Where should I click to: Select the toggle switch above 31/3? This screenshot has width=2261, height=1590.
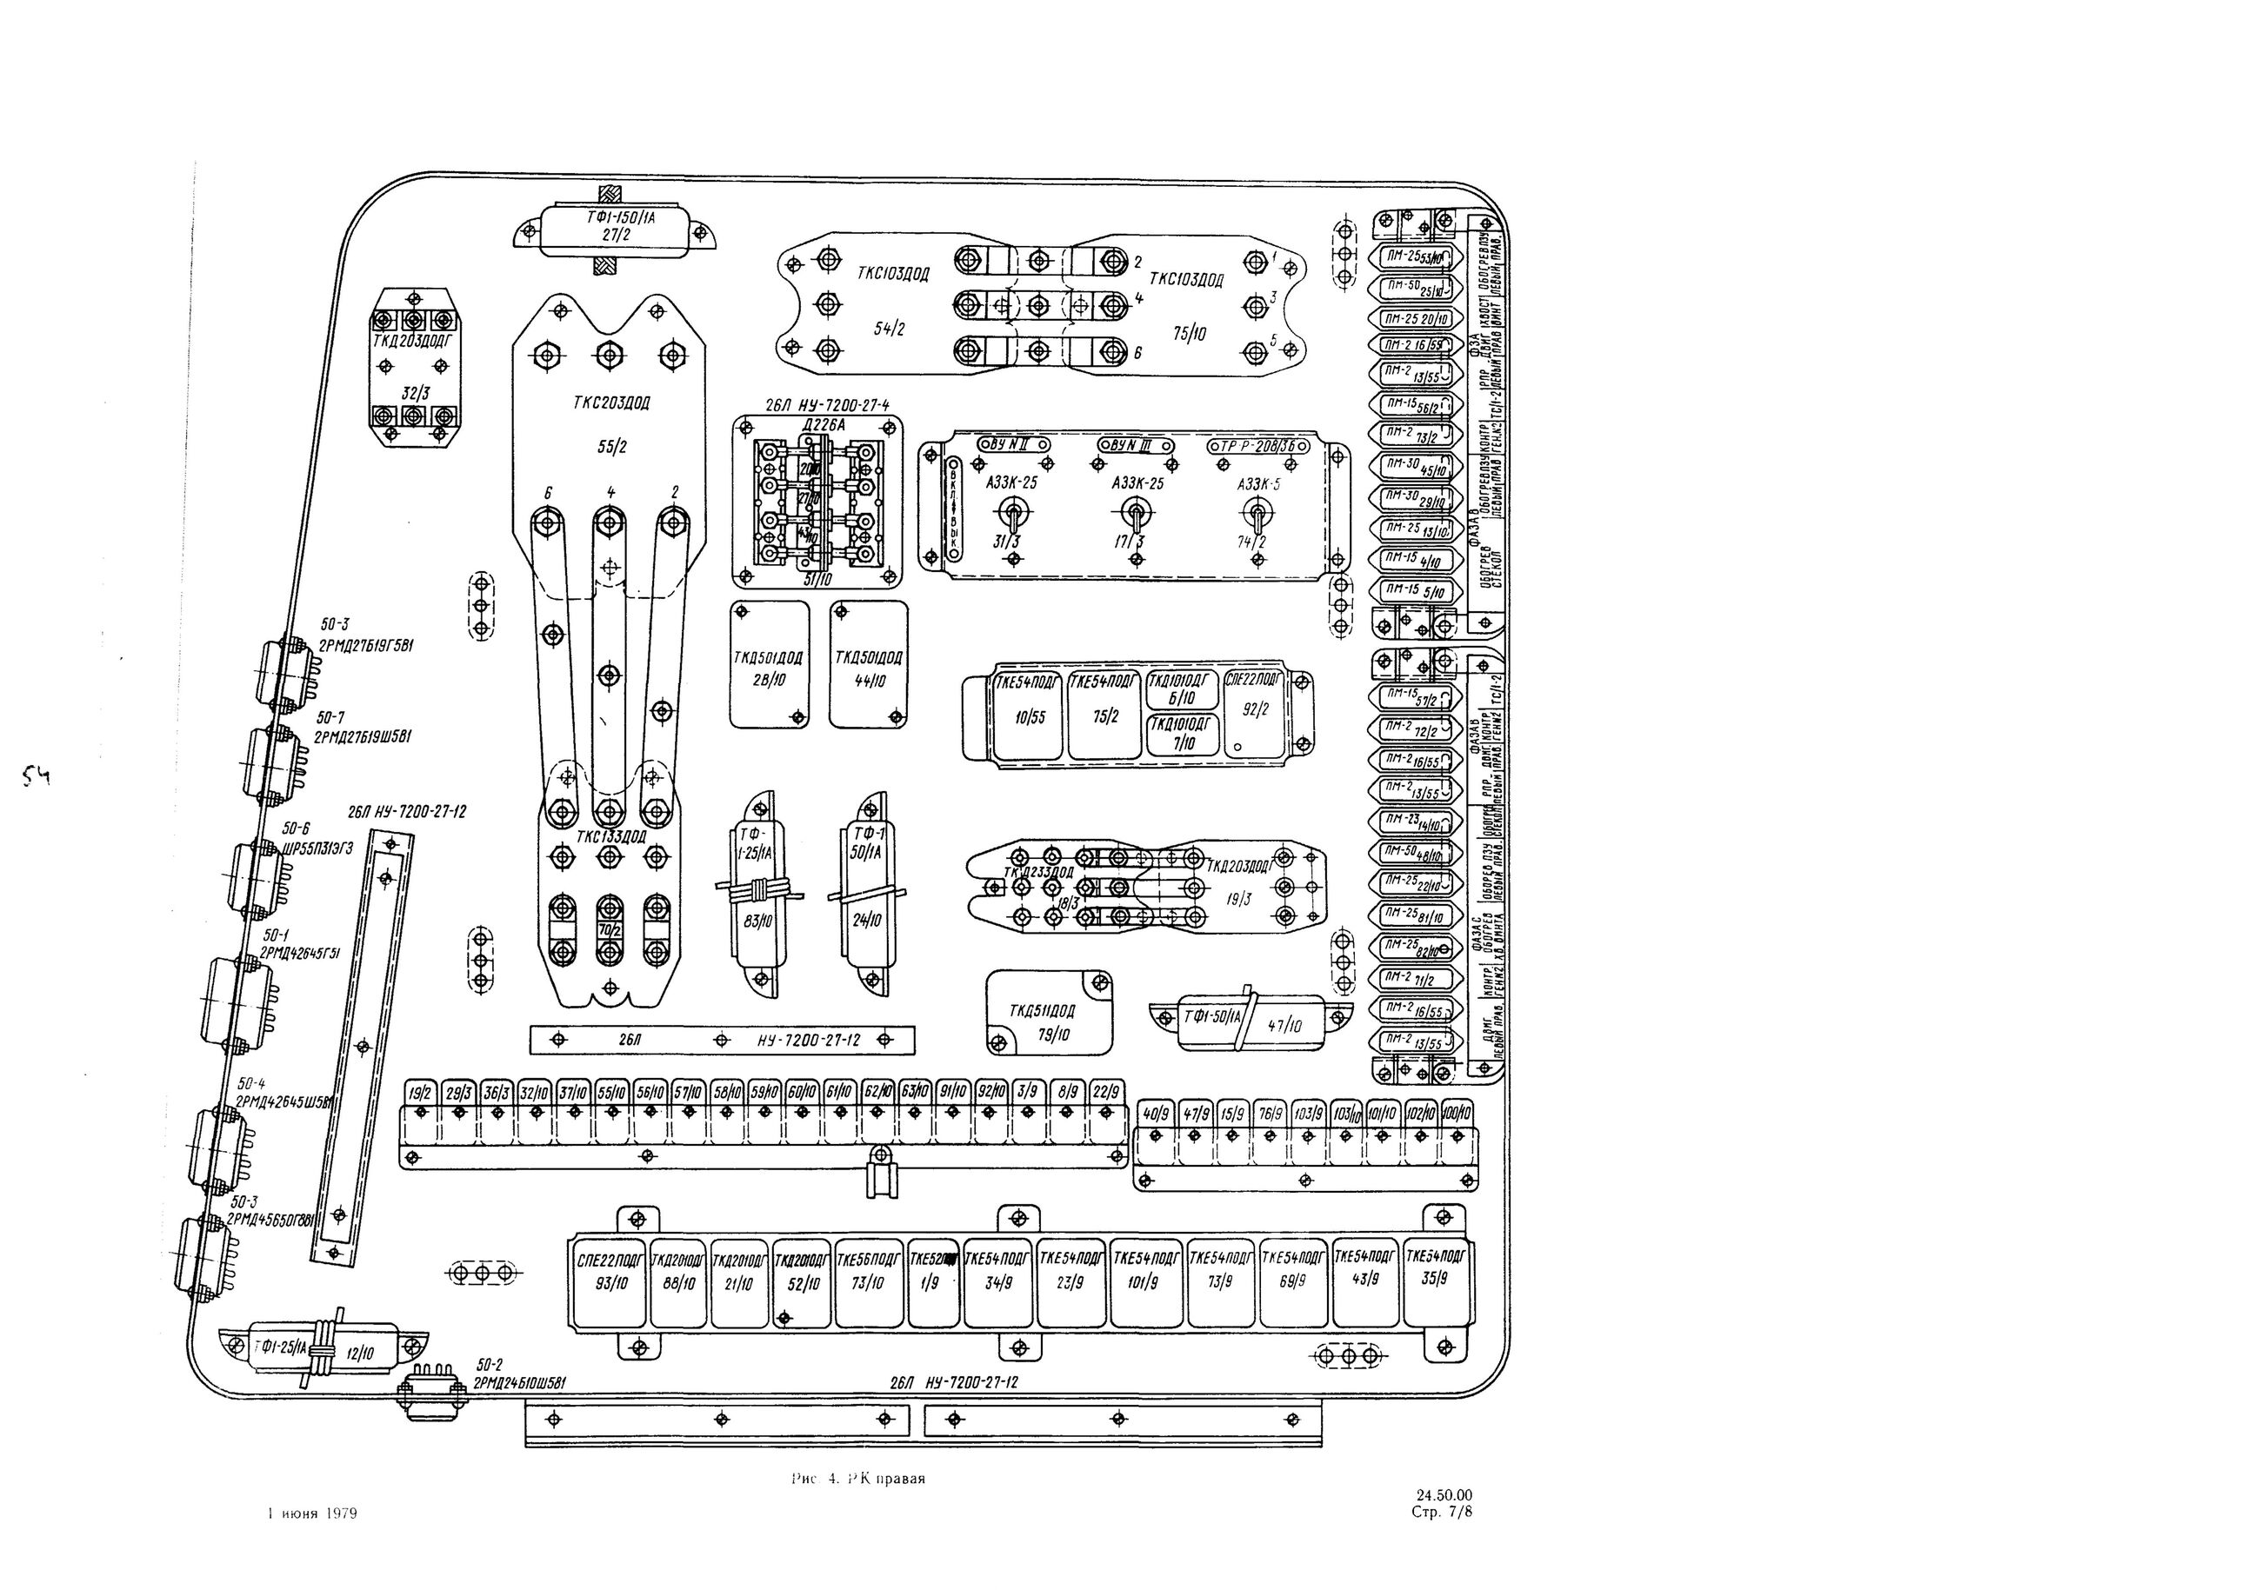click(1010, 512)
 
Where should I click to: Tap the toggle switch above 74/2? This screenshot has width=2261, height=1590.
click(1257, 512)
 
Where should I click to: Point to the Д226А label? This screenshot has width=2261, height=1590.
click(824, 424)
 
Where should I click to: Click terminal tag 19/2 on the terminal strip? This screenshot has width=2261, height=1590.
click(421, 1091)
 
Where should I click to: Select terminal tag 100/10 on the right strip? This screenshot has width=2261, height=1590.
click(1456, 1113)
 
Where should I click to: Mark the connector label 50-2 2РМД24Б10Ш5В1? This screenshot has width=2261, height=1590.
click(519, 1374)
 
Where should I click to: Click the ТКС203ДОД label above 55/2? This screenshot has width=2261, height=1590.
click(610, 402)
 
